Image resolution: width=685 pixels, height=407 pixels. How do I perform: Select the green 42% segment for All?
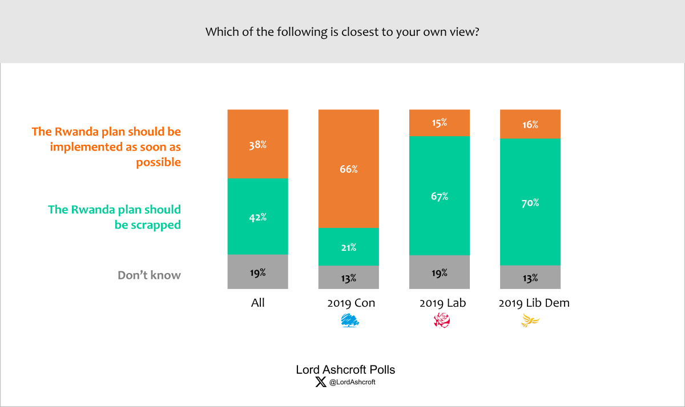coord(257,217)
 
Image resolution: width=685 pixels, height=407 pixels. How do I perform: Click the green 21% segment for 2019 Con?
coord(349,246)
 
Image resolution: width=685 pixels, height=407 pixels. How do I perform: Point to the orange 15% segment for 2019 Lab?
coord(440,123)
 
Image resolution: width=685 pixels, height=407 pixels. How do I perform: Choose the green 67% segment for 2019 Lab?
coord(440,196)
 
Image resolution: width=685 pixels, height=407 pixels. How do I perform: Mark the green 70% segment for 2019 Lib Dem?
coord(530,202)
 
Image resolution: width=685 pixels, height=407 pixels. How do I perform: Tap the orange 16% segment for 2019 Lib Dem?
coord(530,124)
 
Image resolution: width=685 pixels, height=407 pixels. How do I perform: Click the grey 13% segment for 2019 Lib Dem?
coord(530,278)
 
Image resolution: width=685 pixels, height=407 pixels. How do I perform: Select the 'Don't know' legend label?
coord(149,275)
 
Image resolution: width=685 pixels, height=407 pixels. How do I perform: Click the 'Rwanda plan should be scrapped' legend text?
coord(114,217)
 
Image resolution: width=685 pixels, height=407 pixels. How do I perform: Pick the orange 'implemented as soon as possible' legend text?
coord(106,147)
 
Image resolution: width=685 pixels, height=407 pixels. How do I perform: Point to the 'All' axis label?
coord(258,303)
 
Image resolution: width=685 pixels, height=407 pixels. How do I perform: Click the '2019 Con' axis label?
coord(351,303)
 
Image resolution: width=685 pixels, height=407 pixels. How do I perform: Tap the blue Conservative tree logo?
coord(350,321)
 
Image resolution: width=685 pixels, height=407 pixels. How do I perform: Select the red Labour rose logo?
coord(442,321)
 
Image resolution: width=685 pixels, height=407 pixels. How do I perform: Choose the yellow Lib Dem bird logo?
coord(530,321)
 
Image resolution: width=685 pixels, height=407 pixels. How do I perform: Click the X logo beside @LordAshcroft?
coord(321,382)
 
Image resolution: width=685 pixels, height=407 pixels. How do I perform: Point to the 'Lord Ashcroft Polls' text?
coord(345,369)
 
